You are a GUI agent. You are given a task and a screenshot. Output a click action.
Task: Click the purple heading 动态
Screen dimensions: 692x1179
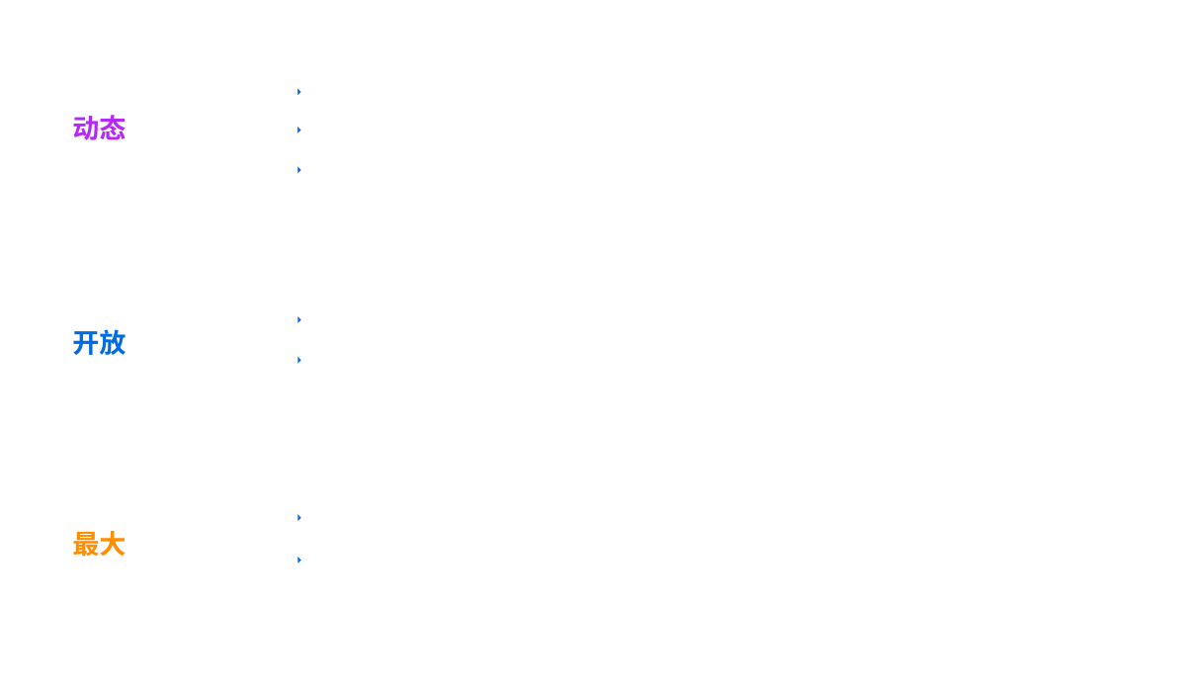(99, 129)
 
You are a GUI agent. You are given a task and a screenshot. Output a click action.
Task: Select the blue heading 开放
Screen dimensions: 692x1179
(99, 343)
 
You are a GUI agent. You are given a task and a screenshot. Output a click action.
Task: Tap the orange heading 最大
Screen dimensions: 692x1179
(99, 544)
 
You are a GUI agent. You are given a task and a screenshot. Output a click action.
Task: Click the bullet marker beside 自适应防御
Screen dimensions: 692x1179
(299, 130)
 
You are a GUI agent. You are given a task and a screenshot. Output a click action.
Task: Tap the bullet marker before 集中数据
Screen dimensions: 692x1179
(299, 360)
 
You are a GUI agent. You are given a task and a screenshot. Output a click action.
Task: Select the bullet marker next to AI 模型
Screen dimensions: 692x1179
(299, 170)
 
